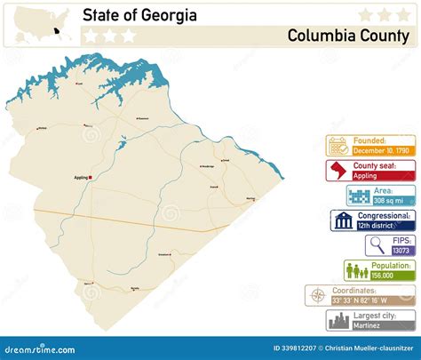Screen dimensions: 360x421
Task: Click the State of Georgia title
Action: [x=140, y=15]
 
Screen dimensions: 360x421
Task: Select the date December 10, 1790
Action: [x=383, y=151]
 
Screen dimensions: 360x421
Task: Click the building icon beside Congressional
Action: [x=343, y=220]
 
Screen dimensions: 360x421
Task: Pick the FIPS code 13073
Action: [x=401, y=251]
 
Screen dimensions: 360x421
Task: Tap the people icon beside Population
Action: [x=355, y=270]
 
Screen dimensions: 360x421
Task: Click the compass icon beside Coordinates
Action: [x=316, y=295]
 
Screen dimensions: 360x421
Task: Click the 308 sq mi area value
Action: [x=388, y=201]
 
